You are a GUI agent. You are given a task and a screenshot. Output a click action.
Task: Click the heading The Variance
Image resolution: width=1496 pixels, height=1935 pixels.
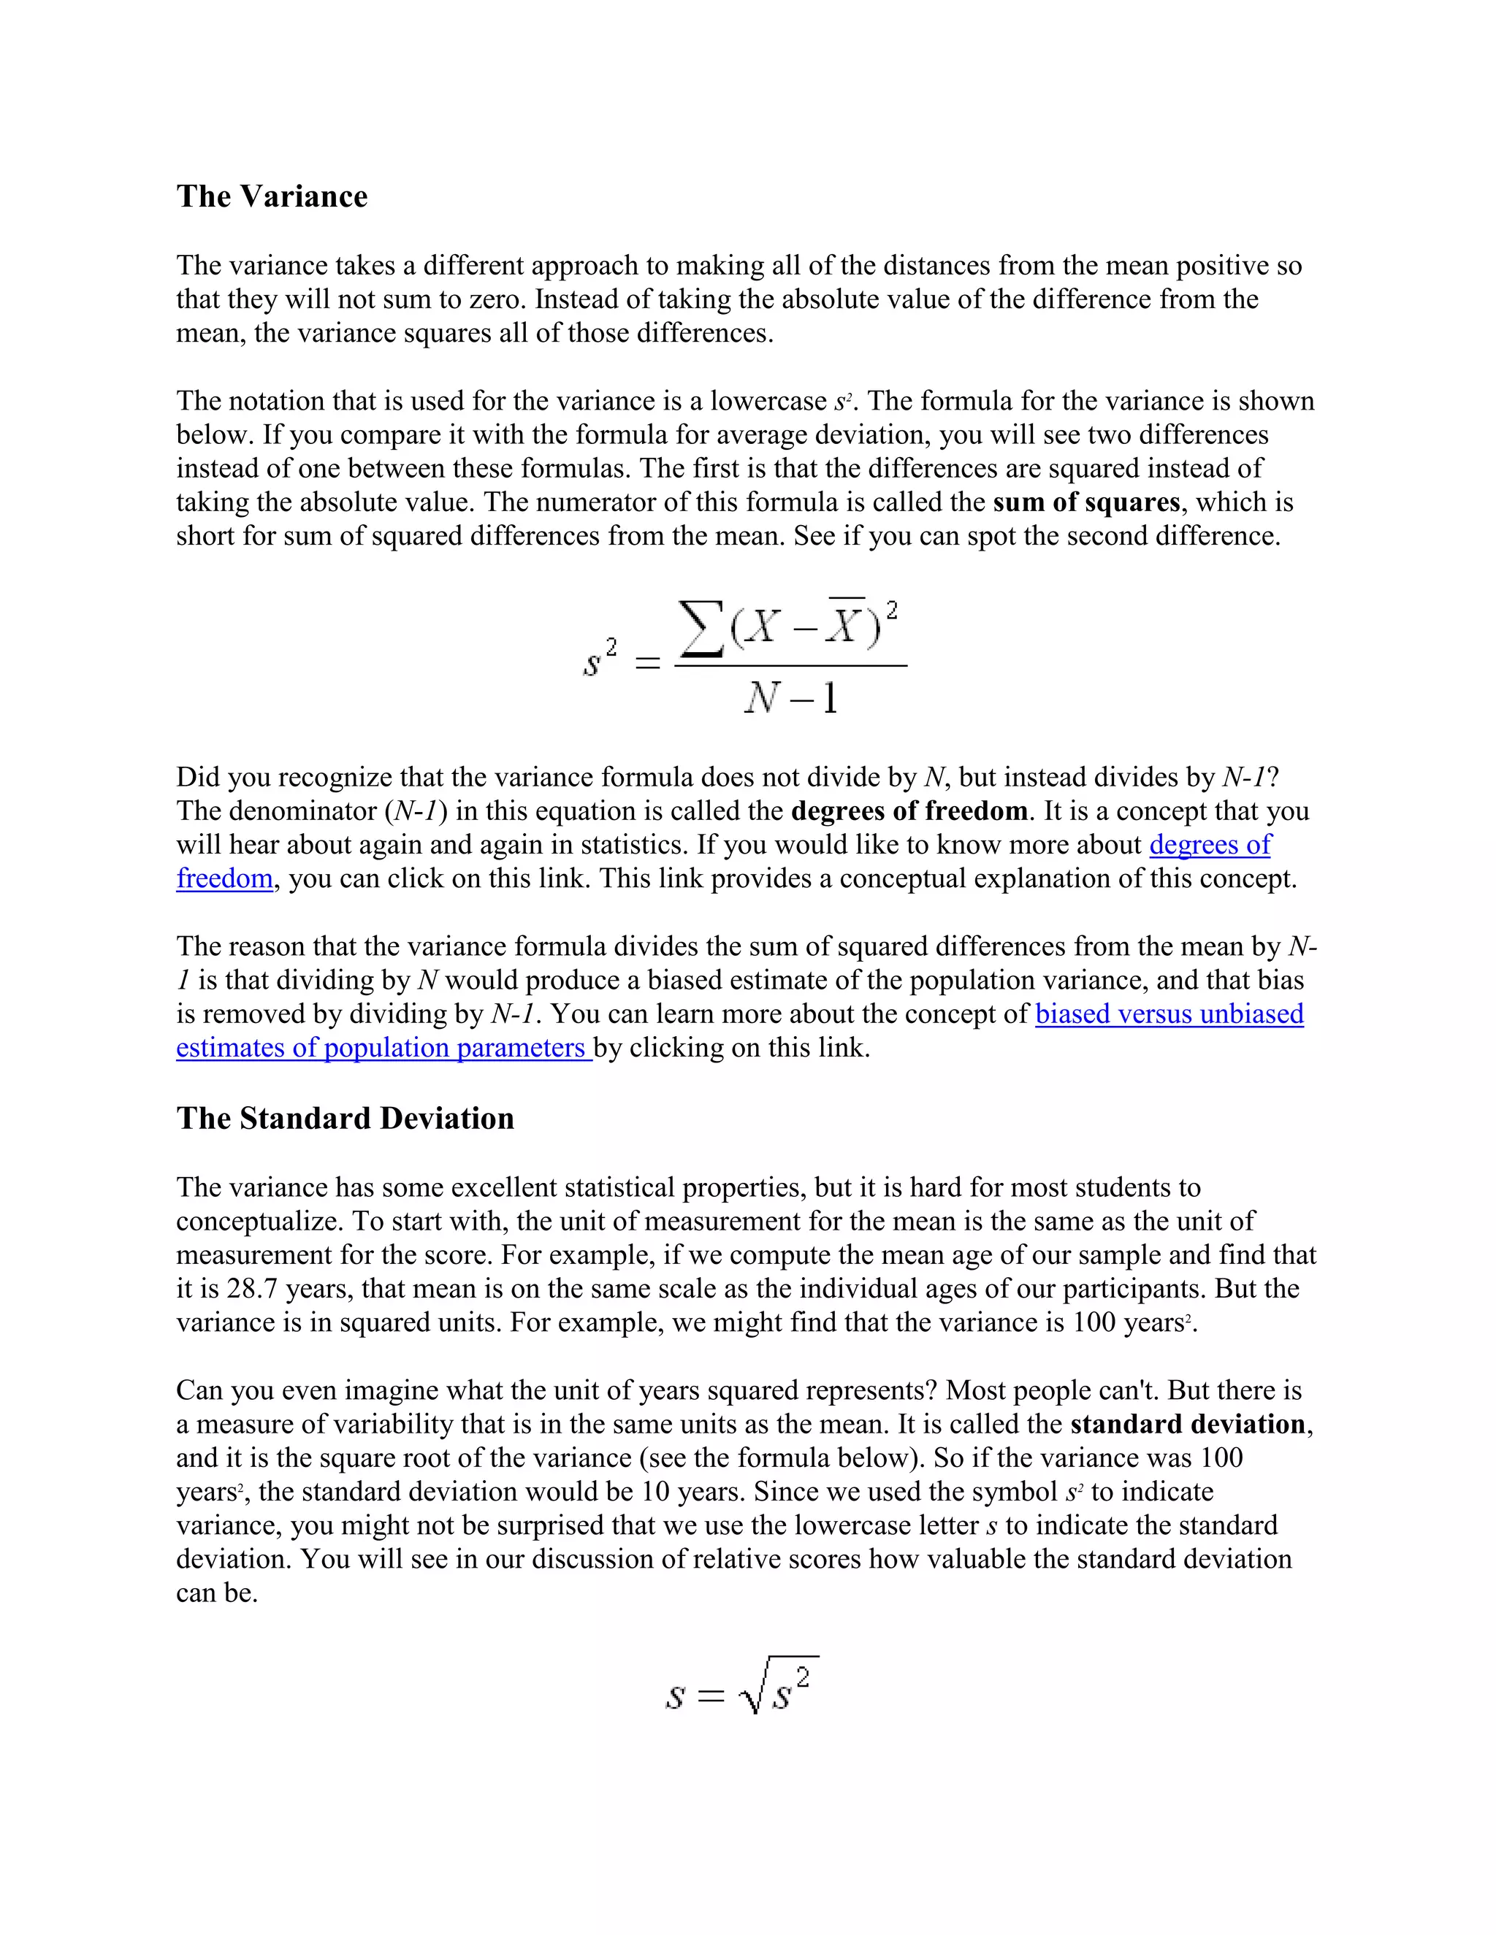(271, 196)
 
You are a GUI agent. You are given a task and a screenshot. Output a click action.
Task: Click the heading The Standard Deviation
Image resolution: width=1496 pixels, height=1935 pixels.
(345, 1118)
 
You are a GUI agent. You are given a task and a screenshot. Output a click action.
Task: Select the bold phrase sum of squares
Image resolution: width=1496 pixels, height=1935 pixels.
(1085, 502)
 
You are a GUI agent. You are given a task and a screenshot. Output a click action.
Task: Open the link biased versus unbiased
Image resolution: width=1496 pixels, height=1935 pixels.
(1169, 1014)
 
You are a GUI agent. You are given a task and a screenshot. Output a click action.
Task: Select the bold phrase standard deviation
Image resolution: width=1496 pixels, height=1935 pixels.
(1188, 1424)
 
